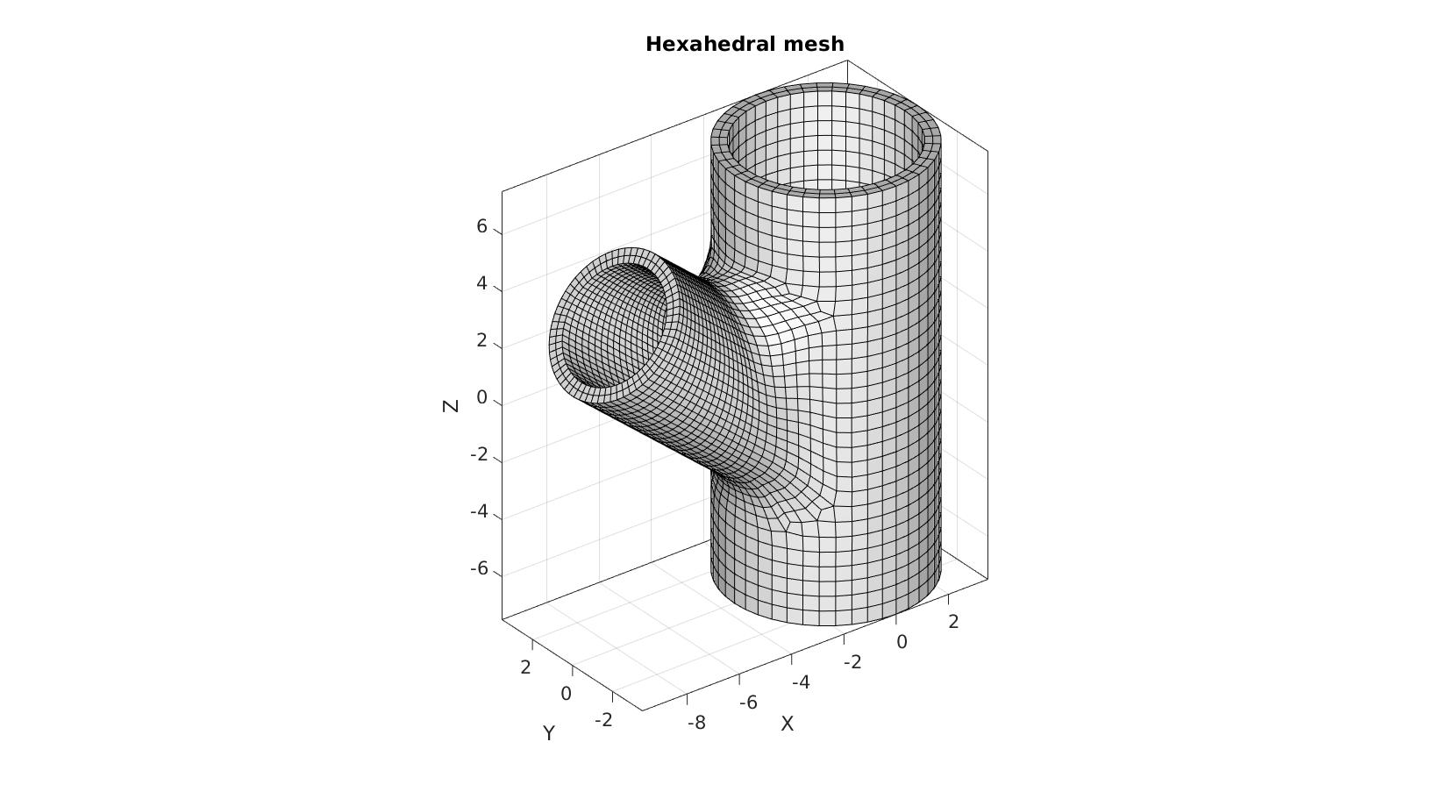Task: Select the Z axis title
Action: click(x=451, y=405)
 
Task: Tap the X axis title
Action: click(x=787, y=724)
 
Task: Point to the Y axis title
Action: click(x=548, y=733)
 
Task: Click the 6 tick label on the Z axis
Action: click(x=481, y=227)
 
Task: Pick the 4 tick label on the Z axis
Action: click(x=481, y=283)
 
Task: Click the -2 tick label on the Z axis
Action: click(x=479, y=455)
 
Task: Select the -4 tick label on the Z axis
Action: click(x=479, y=511)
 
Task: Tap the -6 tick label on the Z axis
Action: click(x=479, y=569)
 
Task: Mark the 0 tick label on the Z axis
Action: click(x=481, y=398)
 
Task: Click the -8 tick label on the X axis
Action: click(x=696, y=724)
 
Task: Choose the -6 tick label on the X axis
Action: click(x=748, y=703)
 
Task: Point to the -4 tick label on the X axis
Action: click(x=801, y=682)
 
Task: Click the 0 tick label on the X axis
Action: click(x=902, y=641)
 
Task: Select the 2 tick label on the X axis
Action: click(x=953, y=622)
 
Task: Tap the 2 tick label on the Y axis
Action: click(x=525, y=667)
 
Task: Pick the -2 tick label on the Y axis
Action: click(x=603, y=720)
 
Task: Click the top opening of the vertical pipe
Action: click(x=826, y=139)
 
